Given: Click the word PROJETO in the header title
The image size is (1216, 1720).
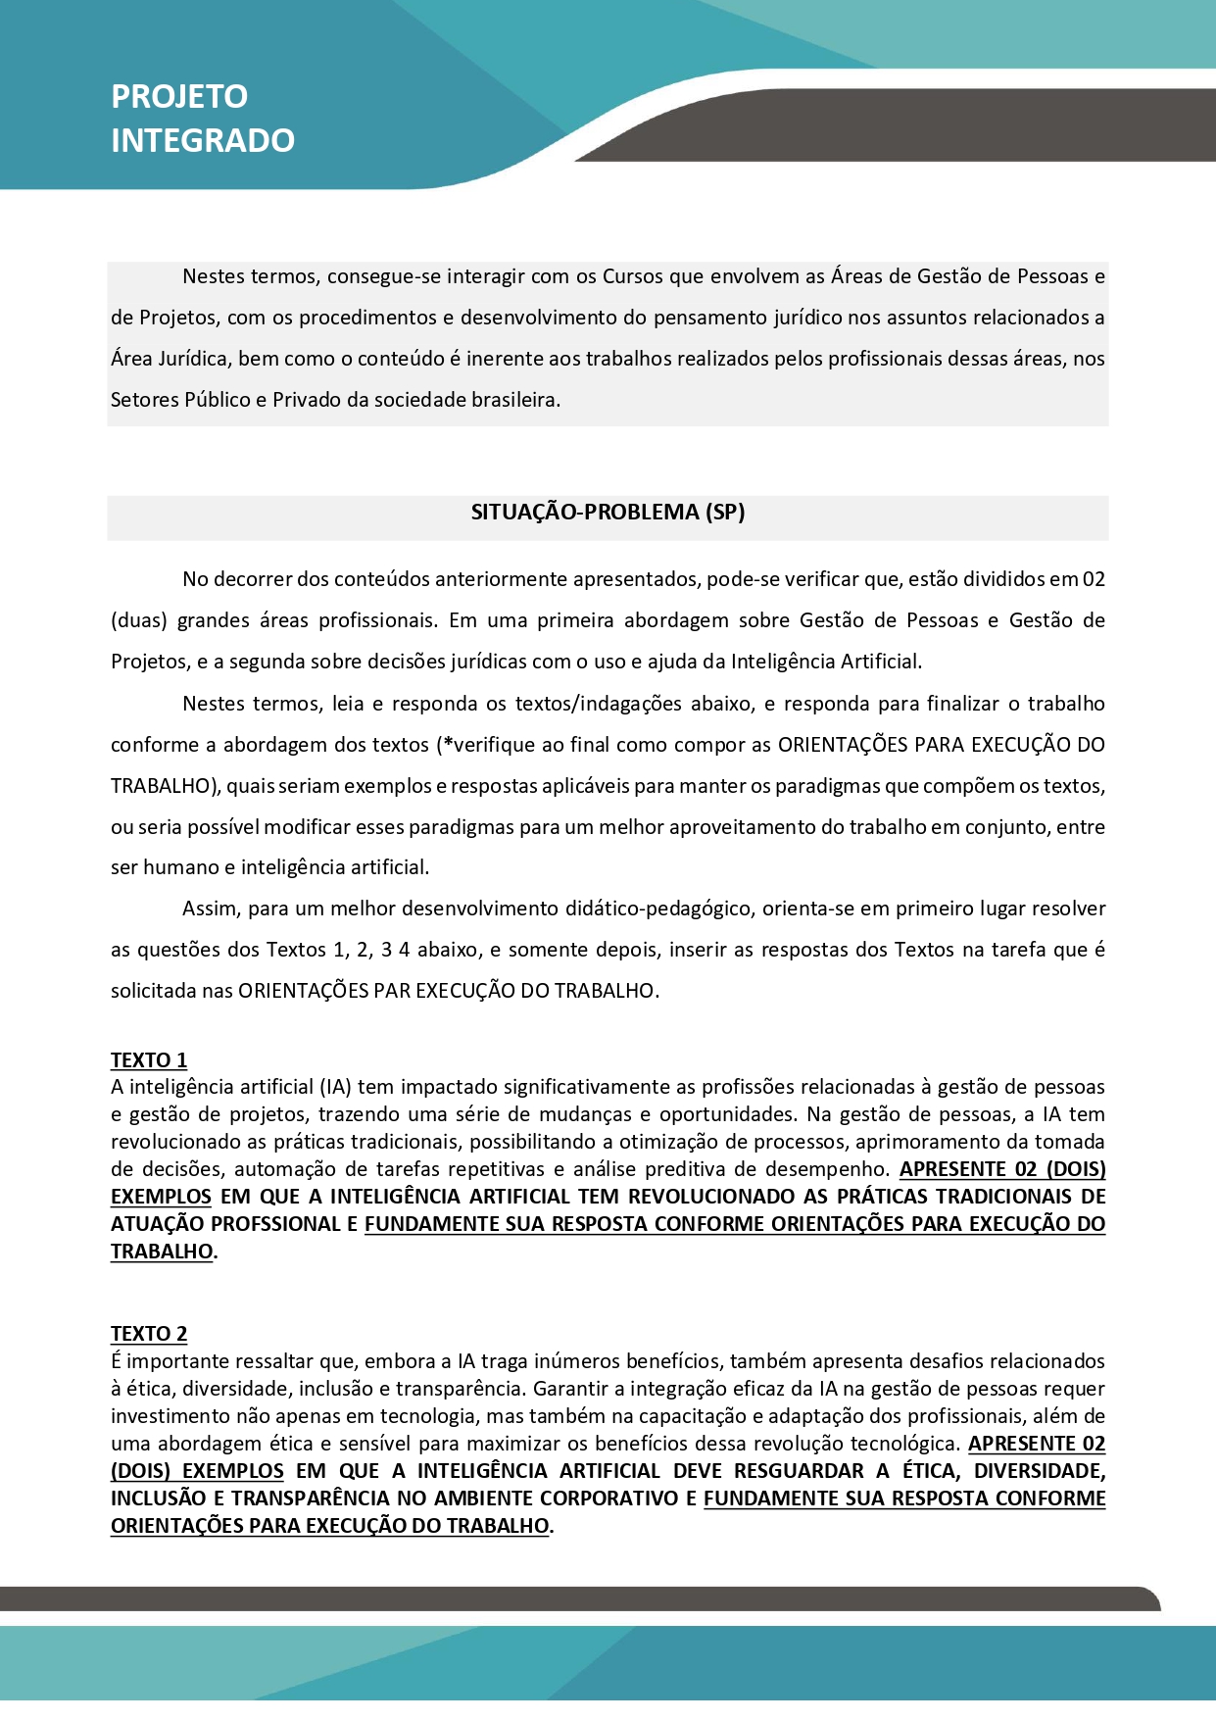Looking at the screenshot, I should coord(179,96).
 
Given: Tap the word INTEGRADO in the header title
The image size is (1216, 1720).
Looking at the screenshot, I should coord(203,141).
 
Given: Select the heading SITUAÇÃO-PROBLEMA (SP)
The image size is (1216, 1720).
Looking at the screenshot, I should coord(608,513).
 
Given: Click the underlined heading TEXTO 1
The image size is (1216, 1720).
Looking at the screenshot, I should coord(149,1060).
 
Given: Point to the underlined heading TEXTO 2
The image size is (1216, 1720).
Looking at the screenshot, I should coord(149,1334).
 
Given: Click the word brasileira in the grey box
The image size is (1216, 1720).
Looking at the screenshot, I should coord(515,400).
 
